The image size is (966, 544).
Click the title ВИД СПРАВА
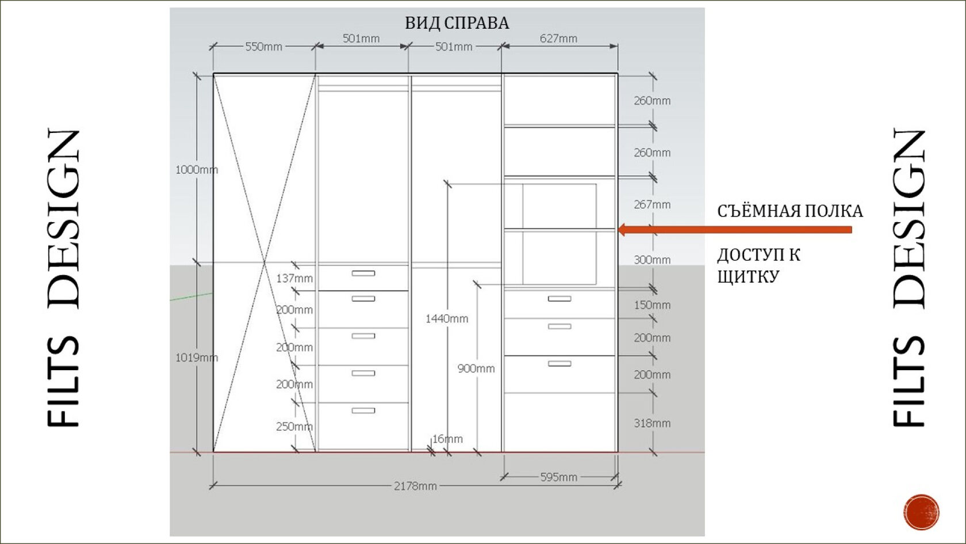457,23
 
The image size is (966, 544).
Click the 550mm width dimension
263,47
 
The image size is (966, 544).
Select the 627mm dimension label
558,39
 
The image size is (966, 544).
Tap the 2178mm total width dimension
415,486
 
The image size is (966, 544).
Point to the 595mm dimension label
558,477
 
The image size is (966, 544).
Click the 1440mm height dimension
447,318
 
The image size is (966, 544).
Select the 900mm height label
476,368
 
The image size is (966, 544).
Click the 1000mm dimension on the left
197,169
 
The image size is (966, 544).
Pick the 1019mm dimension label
197,357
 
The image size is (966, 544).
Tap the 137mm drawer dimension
294,278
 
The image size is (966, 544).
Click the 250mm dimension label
294,427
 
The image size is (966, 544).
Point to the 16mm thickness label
447,439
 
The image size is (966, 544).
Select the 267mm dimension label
652,204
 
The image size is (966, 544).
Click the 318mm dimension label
652,423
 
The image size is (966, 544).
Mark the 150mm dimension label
652,305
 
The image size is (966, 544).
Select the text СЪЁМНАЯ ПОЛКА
789,211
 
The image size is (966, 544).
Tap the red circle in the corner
921,512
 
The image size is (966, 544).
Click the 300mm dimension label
652,260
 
